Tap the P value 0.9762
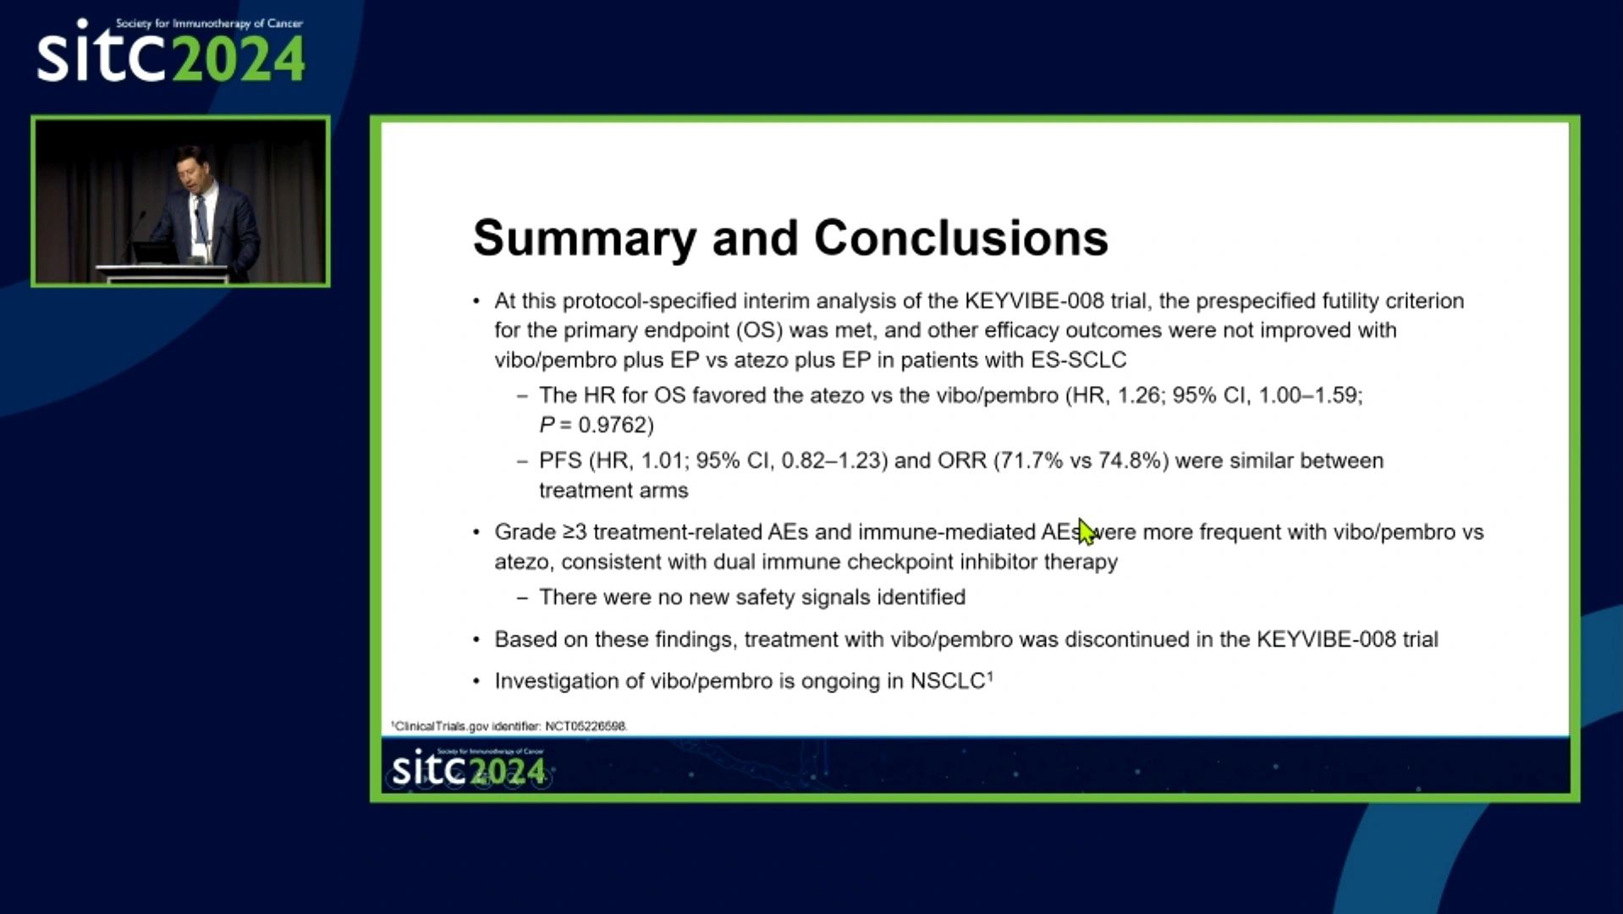coord(615,425)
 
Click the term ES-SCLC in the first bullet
coord(1078,360)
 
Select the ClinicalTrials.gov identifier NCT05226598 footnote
coord(509,726)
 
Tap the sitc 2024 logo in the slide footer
coord(469,768)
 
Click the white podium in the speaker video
coord(162,273)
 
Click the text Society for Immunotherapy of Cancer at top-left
coord(209,24)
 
